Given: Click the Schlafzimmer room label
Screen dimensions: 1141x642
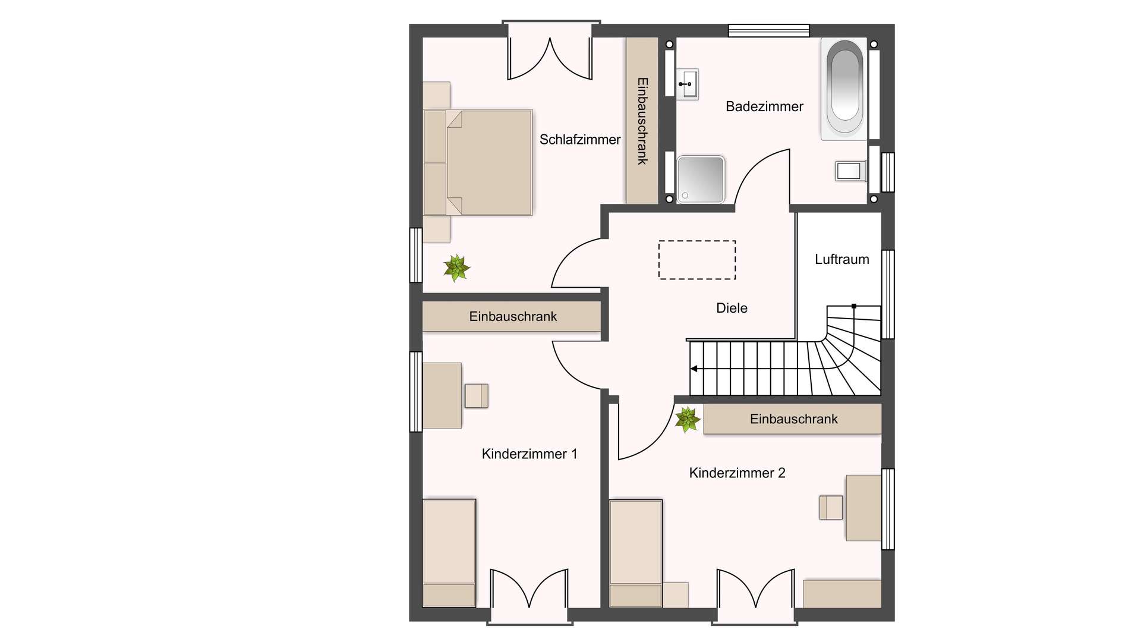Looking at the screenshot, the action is point(579,140).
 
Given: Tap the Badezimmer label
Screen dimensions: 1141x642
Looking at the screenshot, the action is point(764,106).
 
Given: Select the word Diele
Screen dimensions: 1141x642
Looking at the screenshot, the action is point(732,308).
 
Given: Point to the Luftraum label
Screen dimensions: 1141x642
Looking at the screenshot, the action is point(841,259).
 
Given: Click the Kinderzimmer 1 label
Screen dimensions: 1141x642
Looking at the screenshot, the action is point(529,454).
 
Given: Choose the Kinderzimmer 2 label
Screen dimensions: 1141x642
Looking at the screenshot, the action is point(737,473).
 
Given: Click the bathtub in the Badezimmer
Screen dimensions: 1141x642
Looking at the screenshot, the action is point(844,89).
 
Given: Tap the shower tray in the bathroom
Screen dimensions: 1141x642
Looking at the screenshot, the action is point(701,179).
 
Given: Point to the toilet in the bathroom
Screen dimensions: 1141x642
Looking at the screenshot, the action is point(850,171).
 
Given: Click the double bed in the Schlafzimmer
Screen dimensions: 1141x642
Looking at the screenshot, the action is point(477,162).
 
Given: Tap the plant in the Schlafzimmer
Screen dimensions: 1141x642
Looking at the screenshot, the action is point(456,267).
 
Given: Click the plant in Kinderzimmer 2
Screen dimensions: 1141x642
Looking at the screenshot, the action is point(688,420).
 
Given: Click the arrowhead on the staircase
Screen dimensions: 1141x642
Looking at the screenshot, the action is point(694,369).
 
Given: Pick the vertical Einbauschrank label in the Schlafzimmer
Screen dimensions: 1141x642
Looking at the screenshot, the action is point(642,121).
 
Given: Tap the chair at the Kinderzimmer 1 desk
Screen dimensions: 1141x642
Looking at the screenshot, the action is point(476,396).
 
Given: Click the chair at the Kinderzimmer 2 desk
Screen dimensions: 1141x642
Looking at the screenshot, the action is point(831,508).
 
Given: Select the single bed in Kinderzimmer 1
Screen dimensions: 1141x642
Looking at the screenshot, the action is point(449,553).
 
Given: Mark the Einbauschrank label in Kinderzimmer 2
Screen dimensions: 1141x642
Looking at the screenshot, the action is point(793,419).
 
